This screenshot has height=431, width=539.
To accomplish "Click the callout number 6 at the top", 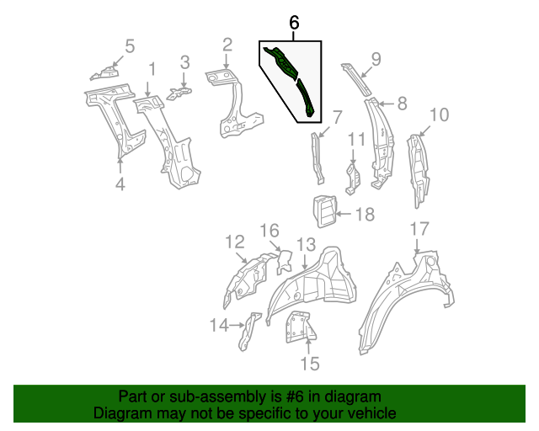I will pyautogui.click(x=294, y=24).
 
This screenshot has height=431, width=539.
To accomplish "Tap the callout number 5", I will pyautogui.click(x=129, y=46).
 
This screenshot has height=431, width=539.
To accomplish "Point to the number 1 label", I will pyautogui.click(x=152, y=69).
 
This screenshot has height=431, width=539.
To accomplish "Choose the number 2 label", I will pyautogui.click(x=227, y=45).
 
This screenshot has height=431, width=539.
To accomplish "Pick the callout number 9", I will pyautogui.click(x=376, y=58).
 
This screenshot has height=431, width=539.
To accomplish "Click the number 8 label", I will pyautogui.click(x=401, y=104).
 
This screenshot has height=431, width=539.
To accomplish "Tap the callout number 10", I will pyautogui.click(x=439, y=114).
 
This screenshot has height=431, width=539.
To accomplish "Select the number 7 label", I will pyautogui.click(x=337, y=117).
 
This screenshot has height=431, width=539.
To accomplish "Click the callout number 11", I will pyautogui.click(x=357, y=139).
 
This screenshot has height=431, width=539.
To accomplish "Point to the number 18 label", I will pyautogui.click(x=364, y=215).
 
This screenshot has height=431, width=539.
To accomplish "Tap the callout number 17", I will pyautogui.click(x=419, y=229).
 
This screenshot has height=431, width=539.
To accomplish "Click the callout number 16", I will pyautogui.click(x=268, y=231).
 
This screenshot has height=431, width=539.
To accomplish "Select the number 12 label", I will pyautogui.click(x=234, y=243).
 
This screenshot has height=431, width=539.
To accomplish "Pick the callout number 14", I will pyautogui.click(x=219, y=325).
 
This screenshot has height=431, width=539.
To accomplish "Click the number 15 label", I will pyautogui.click(x=310, y=363).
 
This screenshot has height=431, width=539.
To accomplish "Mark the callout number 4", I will pyautogui.click(x=120, y=184).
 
